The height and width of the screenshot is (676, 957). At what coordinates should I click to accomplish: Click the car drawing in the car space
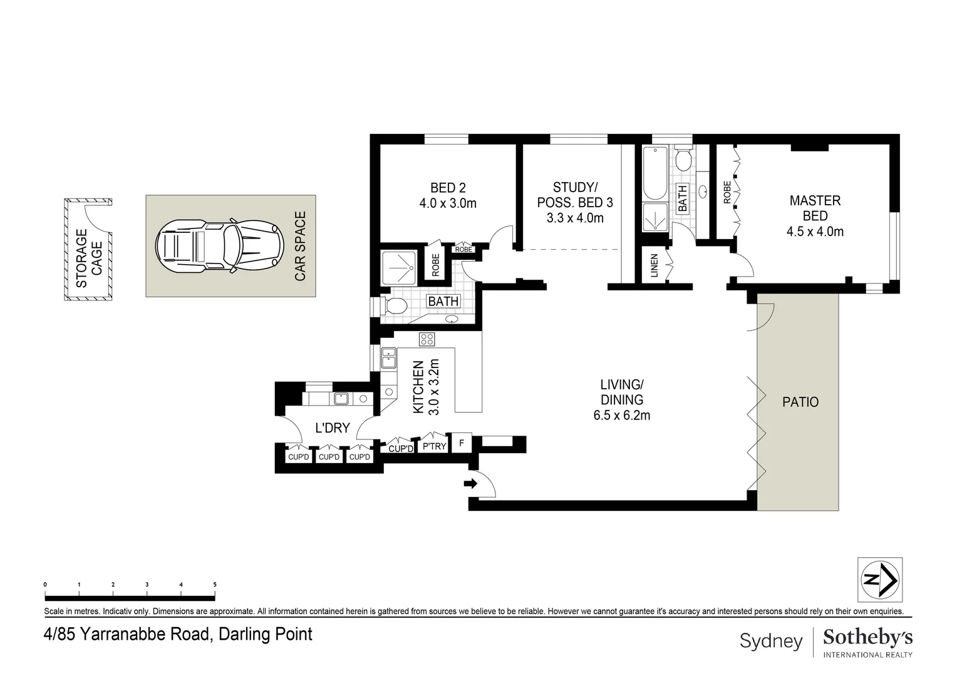pos(219,245)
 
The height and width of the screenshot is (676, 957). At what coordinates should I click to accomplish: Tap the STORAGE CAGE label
pos(89,259)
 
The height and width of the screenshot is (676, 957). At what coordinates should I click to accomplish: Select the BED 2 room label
pos(448,188)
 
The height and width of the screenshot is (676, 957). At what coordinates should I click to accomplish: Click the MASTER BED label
pos(815,208)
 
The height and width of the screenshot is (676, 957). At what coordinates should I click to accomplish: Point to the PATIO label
pos(800,402)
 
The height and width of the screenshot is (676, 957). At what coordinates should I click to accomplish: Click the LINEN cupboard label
pos(654,265)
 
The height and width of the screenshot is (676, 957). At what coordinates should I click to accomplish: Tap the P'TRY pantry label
pos(434,447)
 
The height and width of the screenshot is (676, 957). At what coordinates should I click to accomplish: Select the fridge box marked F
pos(462,443)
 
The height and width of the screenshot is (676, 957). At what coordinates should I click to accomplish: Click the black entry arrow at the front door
pos(470,483)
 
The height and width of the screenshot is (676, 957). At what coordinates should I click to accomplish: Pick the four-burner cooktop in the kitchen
pos(427,339)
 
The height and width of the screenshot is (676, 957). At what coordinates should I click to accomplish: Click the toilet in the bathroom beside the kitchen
pos(395,305)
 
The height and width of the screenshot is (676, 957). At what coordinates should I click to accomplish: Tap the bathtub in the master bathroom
pos(655,173)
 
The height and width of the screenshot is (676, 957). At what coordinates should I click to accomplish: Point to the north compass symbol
pos(880,580)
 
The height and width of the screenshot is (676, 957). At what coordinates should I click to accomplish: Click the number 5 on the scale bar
pos(215,585)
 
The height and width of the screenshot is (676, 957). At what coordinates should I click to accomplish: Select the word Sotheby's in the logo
pos(867,638)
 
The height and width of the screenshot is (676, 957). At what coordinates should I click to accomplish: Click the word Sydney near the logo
pos(771,642)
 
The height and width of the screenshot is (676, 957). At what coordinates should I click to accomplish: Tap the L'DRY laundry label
pos(333,428)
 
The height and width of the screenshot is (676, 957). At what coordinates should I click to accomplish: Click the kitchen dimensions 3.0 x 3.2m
pos(433,387)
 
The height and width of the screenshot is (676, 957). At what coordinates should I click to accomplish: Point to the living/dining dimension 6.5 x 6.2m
pos(622,415)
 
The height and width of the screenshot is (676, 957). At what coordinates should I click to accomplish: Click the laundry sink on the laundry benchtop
pos(341,399)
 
